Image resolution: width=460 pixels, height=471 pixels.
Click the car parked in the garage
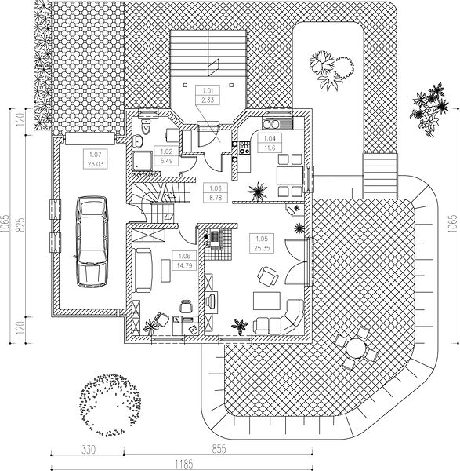pyautogui.click(x=92, y=242)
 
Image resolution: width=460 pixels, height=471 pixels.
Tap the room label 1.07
pyautogui.click(x=96, y=155)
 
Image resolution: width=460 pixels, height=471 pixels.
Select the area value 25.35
pyautogui.click(x=262, y=248)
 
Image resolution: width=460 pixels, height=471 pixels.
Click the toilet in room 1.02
pyautogui.click(x=146, y=127)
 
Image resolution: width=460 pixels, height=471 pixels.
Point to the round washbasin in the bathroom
pyautogui.click(x=138, y=141)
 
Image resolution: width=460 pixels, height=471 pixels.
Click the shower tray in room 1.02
pyautogui.click(x=143, y=161)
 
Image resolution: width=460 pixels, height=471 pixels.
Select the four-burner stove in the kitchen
pyautogui.click(x=244, y=148)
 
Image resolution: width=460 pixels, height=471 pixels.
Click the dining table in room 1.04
pyautogui.click(x=290, y=176)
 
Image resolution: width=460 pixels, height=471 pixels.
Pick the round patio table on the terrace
pyautogui.click(x=356, y=348)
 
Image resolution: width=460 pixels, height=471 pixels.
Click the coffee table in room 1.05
pyautogui.click(x=266, y=301)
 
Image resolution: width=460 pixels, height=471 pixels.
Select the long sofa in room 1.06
pyautogui.click(x=143, y=270)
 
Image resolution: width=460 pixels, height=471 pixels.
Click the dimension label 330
pyautogui.click(x=89, y=450)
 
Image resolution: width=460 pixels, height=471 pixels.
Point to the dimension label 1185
pyautogui.click(x=184, y=465)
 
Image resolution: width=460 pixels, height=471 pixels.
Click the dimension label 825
pyautogui.click(x=21, y=225)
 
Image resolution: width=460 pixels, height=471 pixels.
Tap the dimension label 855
pyautogui.click(x=219, y=450)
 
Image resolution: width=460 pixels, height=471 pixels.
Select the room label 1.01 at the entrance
pyautogui.click(x=208, y=90)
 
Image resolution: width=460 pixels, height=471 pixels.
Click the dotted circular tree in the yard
pyautogui.click(x=110, y=405)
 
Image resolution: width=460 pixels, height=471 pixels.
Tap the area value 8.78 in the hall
pyautogui.click(x=216, y=198)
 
